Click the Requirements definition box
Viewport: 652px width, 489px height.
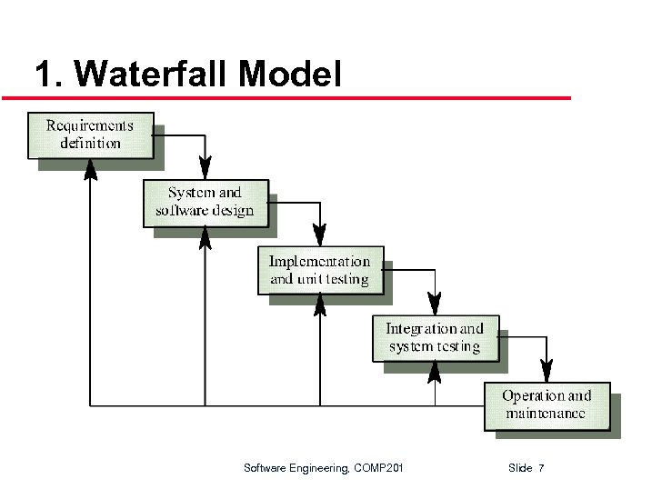tap(90, 134)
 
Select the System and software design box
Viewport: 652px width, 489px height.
tap(206, 202)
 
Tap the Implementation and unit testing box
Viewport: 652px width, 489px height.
tap(320, 270)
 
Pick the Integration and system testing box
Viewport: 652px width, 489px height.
tap(435, 337)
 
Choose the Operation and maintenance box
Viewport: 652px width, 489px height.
tap(546, 404)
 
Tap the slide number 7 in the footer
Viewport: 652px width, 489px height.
tap(541, 468)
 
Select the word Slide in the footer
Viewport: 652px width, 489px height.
tap(520, 468)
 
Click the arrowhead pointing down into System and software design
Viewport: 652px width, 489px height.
tap(206, 169)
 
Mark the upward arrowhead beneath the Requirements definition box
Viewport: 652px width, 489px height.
tap(90, 170)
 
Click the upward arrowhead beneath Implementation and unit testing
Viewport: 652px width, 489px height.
tap(320, 305)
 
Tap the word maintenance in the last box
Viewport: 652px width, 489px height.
tap(546, 414)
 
